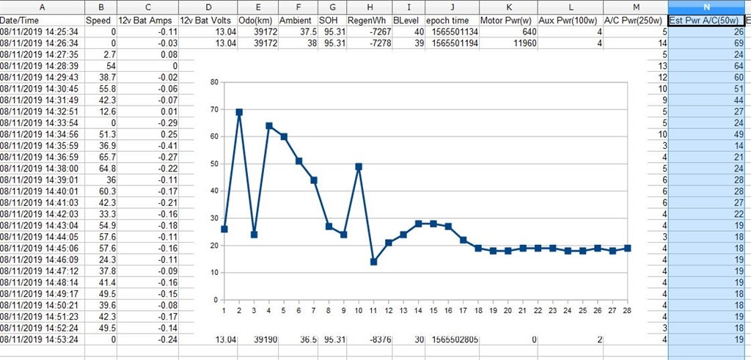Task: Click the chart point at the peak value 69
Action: [239, 112]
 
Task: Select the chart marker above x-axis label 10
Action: [359, 166]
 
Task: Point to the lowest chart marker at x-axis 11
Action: [373, 262]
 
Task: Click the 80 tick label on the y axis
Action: [214, 82]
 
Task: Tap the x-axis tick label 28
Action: [628, 309]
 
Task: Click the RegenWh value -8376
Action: [370, 339]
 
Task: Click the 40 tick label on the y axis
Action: [214, 191]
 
